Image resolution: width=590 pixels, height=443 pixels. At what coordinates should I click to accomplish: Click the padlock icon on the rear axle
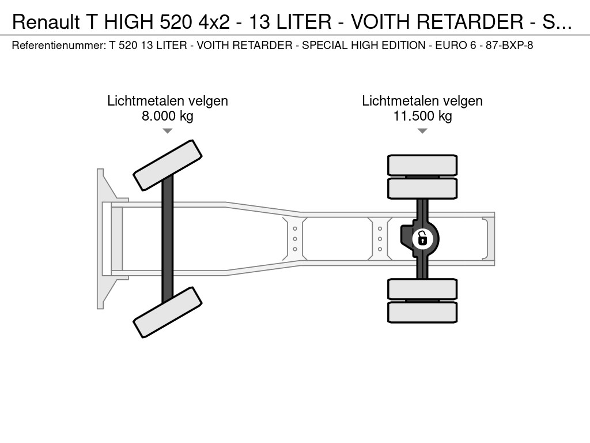tap(422, 238)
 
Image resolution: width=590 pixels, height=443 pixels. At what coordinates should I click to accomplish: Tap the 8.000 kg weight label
tap(167, 116)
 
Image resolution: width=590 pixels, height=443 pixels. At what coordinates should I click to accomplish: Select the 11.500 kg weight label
tap(422, 116)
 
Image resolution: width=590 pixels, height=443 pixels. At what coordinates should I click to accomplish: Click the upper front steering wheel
tap(168, 165)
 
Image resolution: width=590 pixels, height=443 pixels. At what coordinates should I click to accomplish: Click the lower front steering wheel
tap(168, 312)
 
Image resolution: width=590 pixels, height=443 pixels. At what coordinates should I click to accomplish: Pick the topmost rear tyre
tap(422, 166)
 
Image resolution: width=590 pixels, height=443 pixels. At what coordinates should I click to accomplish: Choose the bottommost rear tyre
tap(422, 312)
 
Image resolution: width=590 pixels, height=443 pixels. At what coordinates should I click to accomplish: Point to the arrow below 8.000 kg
tap(167, 131)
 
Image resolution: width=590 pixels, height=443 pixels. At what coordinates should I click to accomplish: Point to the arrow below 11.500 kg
tap(422, 131)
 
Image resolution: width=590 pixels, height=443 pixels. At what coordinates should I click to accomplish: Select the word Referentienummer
tap(57, 45)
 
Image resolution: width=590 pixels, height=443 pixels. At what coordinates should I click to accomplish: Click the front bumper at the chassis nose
tap(103, 238)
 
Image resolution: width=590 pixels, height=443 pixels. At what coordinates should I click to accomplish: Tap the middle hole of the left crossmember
tap(295, 238)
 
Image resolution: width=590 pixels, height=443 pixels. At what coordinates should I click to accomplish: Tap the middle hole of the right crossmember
tap(380, 238)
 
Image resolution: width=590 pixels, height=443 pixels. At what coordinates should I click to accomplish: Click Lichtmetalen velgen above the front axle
tap(167, 101)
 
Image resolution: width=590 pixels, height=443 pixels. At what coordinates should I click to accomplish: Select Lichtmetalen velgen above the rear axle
tap(422, 101)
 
